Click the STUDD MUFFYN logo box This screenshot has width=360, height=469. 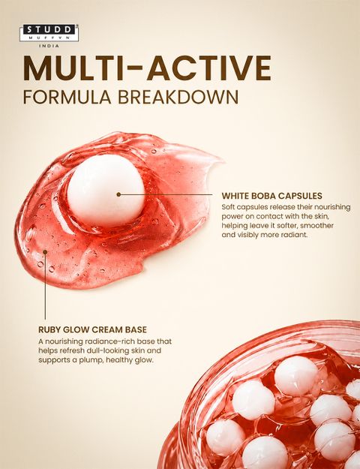point(49,33)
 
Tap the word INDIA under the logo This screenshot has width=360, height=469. point(49,46)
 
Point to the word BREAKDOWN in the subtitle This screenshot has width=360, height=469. point(178,97)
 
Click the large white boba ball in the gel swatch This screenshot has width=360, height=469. point(106,190)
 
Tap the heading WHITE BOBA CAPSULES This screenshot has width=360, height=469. point(271,196)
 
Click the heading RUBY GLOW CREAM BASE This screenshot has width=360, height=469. point(92,329)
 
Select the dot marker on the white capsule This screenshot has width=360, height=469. point(118,194)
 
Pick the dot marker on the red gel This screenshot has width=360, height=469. point(45,252)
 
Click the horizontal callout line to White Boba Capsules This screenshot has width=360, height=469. point(166,194)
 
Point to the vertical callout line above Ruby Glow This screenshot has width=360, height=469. point(45,286)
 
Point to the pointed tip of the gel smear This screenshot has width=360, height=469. point(223,161)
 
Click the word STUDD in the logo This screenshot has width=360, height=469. point(49,29)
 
